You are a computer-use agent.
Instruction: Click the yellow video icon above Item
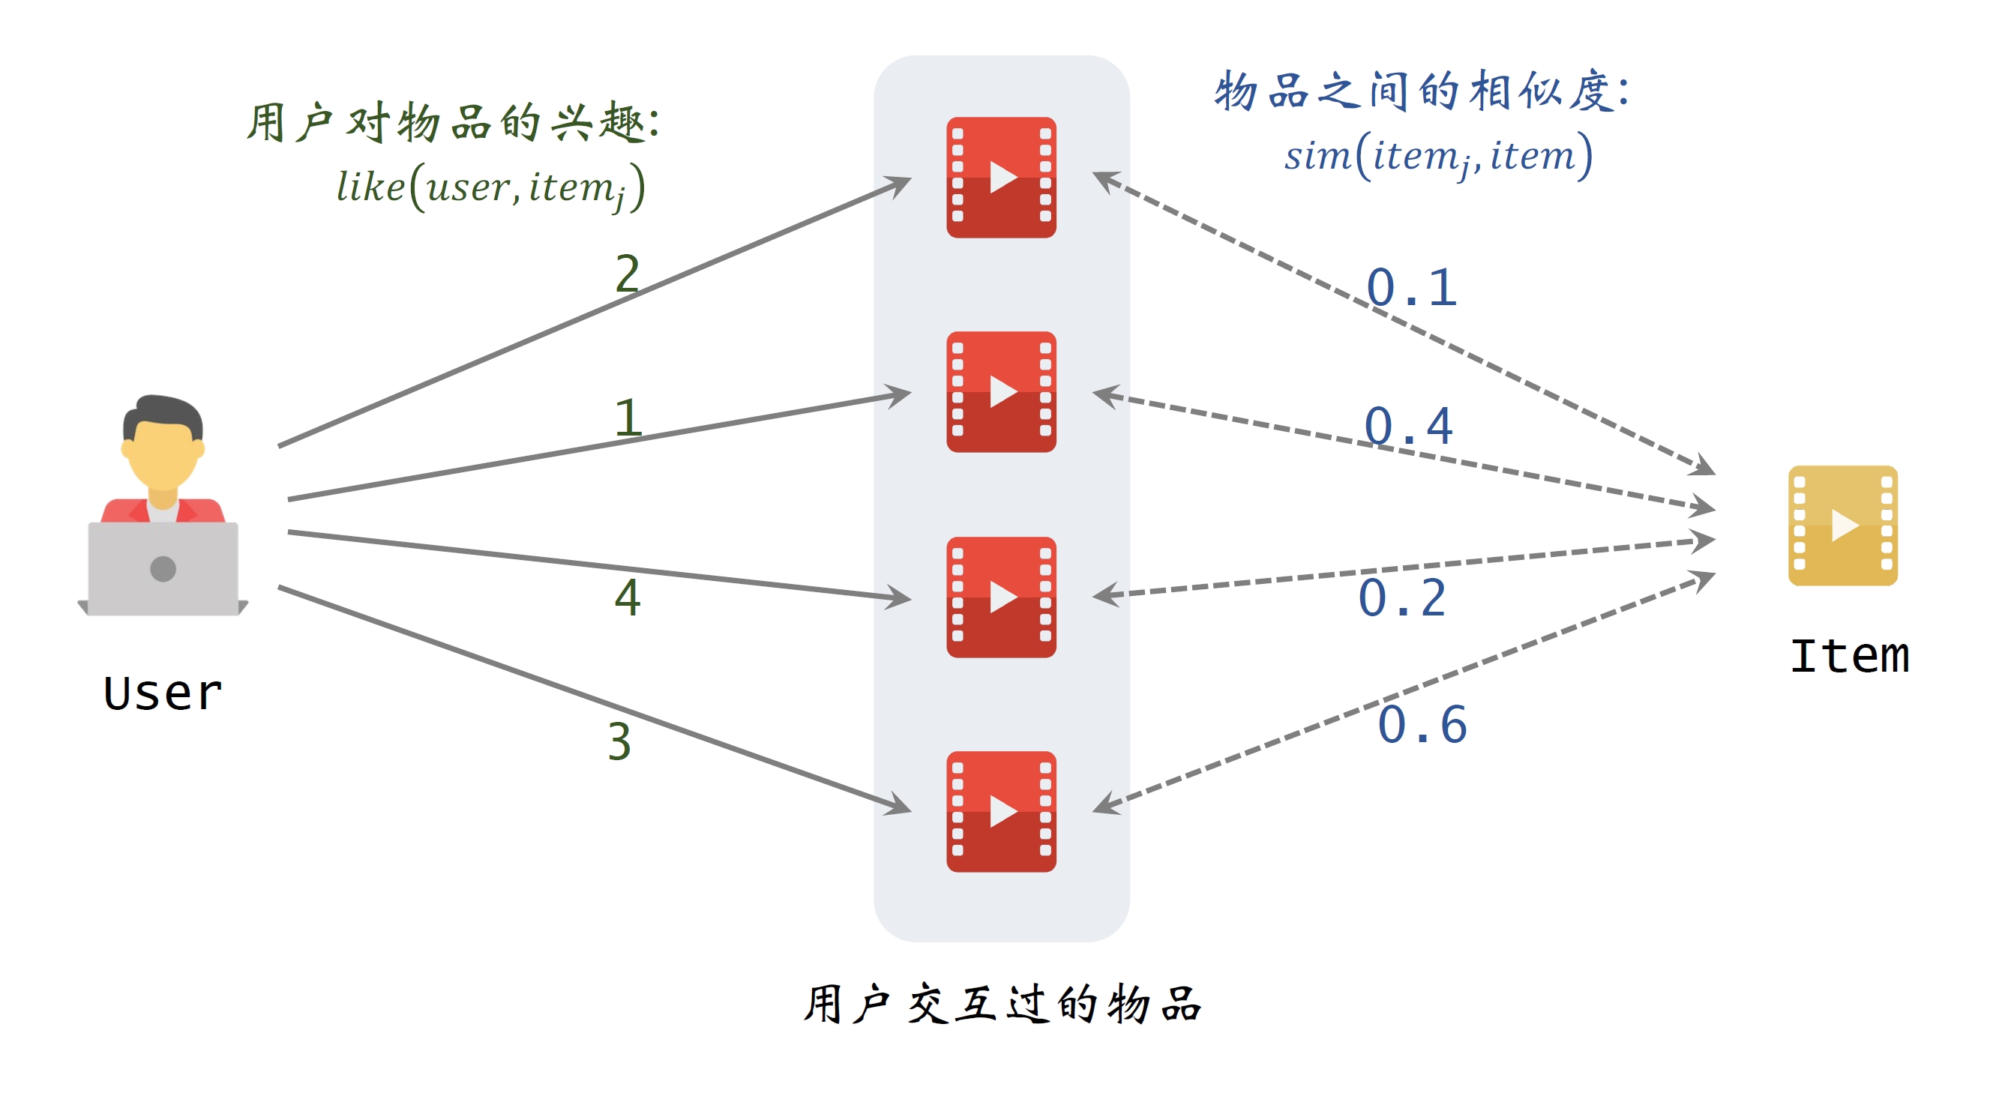click(1842, 526)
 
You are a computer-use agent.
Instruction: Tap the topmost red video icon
click(1001, 178)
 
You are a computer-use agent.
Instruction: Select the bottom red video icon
click(1001, 811)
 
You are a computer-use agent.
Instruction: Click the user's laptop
click(163, 568)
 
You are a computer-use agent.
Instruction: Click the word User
click(163, 693)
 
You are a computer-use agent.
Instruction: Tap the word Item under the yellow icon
click(1849, 655)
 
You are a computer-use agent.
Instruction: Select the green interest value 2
click(627, 274)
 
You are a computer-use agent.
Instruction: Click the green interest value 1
click(628, 418)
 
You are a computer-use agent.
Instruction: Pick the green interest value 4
click(628, 597)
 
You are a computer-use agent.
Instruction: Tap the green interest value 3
click(619, 741)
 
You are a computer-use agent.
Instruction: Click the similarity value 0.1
click(1411, 287)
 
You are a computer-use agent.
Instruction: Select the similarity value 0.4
click(1409, 426)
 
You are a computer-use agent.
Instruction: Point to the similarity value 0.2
click(1403, 597)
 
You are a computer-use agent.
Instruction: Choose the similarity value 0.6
click(1422, 725)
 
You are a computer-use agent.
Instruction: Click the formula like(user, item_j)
click(490, 187)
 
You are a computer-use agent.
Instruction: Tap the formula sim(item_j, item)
click(1438, 156)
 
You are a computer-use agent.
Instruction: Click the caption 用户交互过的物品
click(1002, 1003)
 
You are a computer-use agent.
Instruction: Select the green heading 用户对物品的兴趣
click(454, 123)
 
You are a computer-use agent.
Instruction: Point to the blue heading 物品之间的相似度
click(1421, 91)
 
